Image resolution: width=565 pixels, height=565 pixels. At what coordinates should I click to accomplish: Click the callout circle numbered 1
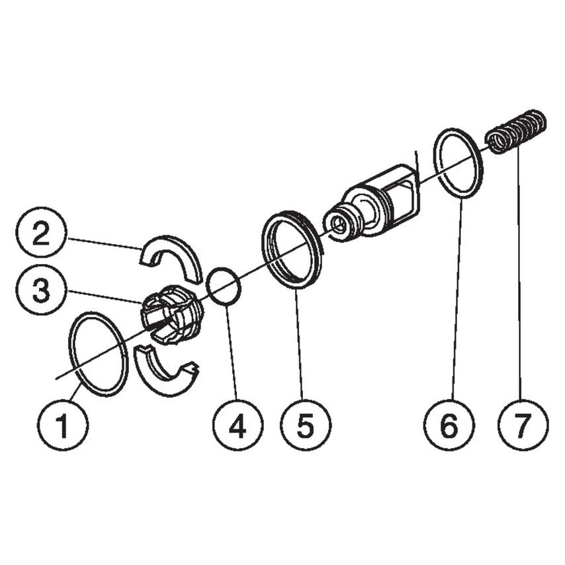[x=63, y=425]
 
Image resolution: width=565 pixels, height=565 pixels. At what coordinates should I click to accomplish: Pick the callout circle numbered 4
[x=238, y=425]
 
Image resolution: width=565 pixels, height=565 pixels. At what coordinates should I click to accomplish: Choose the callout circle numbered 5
[x=305, y=425]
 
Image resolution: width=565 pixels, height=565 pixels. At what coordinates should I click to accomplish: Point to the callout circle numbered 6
[x=449, y=425]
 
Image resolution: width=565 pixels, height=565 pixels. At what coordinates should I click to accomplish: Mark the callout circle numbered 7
[x=523, y=425]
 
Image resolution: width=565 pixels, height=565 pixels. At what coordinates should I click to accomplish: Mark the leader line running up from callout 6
[x=455, y=298]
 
